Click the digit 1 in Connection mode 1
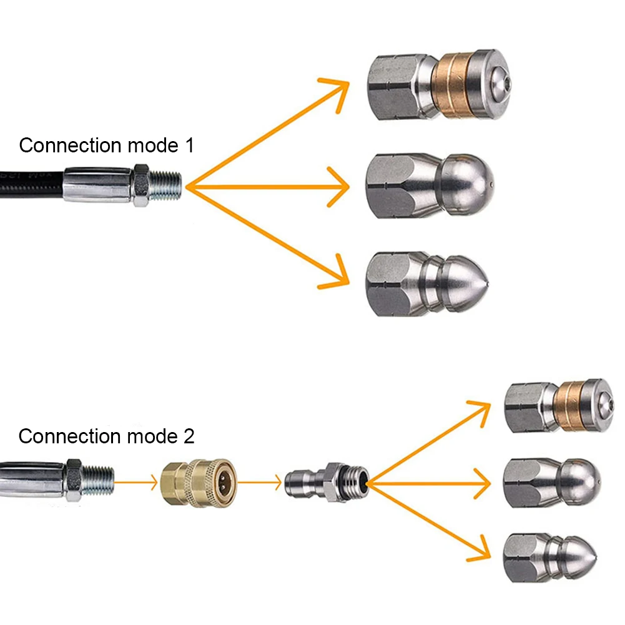pos(188,145)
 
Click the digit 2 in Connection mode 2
pos(188,436)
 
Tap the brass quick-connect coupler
pos(198,482)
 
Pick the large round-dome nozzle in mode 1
pos(430,185)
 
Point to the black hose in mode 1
pos(31,184)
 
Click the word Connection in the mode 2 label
pos(69,436)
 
